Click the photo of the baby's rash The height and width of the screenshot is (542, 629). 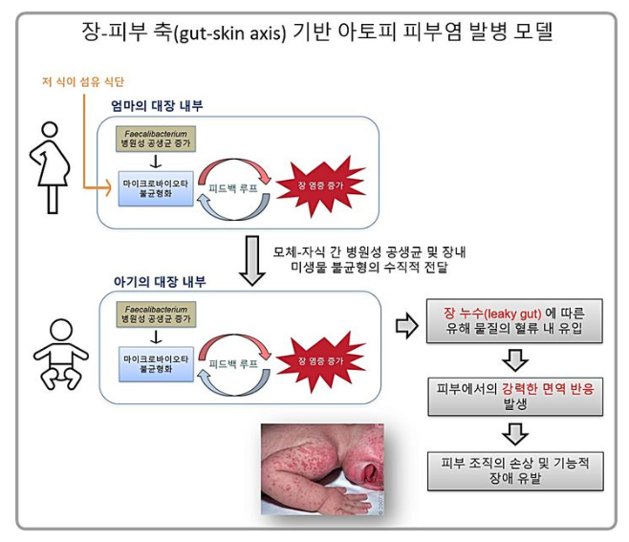point(323,469)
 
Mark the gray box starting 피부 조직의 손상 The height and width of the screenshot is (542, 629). point(515,469)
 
